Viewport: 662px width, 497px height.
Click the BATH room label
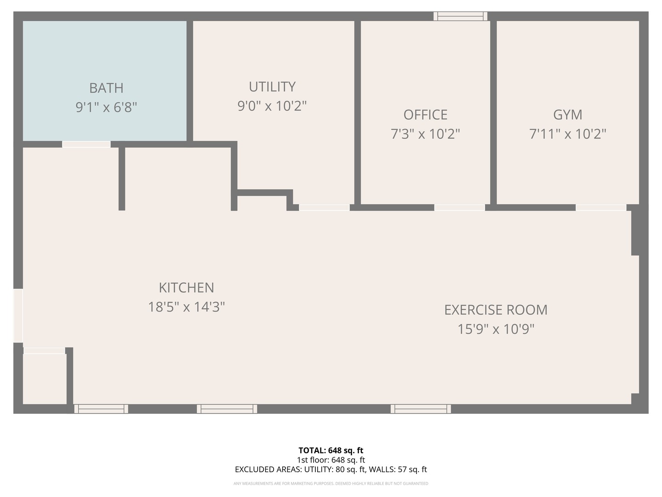point(106,88)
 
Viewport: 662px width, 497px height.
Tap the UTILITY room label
point(272,87)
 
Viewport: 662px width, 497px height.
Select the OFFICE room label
point(425,115)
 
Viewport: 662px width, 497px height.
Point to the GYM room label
point(568,115)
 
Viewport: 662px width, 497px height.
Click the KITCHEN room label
point(186,288)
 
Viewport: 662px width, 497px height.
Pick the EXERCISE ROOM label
point(496,310)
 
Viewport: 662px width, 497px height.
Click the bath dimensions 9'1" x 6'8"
point(106,107)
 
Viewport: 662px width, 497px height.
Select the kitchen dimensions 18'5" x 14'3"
point(186,307)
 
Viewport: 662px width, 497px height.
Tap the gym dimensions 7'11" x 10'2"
point(568,134)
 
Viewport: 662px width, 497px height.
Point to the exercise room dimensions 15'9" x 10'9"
point(496,329)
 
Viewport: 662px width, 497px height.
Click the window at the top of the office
point(460,16)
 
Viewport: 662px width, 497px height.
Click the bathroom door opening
point(86,144)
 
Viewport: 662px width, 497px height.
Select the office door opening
point(460,208)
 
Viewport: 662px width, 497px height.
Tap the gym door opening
point(601,208)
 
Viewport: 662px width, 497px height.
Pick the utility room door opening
point(324,208)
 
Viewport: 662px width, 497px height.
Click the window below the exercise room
point(421,409)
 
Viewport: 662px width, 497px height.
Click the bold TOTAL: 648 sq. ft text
point(331,451)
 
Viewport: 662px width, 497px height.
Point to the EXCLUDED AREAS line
point(331,469)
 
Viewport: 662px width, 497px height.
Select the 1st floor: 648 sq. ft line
point(331,460)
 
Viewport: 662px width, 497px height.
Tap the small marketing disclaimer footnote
point(331,483)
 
